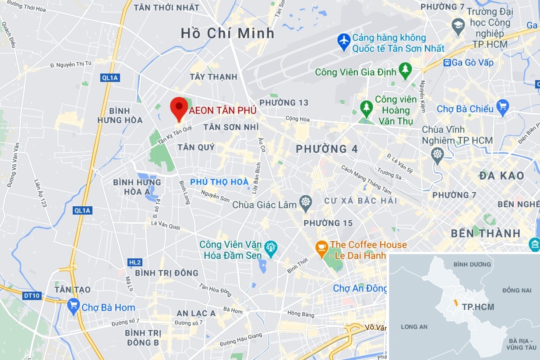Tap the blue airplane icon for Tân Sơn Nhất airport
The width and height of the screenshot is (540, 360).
(x=344, y=42)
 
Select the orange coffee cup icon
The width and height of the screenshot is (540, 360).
(x=322, y=249)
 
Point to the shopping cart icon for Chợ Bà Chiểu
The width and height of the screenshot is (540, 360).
(x=502, y=108)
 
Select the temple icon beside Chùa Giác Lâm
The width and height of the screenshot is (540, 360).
(x=305, y=203)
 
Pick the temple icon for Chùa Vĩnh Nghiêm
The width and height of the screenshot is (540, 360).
(x=437, y=155)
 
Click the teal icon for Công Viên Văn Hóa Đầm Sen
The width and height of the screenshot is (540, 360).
(x=271, y=248)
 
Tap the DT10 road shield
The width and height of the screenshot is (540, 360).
(x=32, y=296)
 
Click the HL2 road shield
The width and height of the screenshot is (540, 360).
(x=135, y=262)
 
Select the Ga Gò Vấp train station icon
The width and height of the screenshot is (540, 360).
(x=447, y=63)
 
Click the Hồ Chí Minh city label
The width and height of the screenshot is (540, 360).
(x=227, y=33)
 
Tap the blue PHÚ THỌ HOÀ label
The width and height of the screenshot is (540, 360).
(x=219, y=182)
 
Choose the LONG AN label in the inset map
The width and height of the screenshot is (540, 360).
(x=414, y=327)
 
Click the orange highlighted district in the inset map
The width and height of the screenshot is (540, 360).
(x=455, y=303)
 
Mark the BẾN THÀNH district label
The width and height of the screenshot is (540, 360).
(x=485, y=233)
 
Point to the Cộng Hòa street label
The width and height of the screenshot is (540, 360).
(x=297, y=118)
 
